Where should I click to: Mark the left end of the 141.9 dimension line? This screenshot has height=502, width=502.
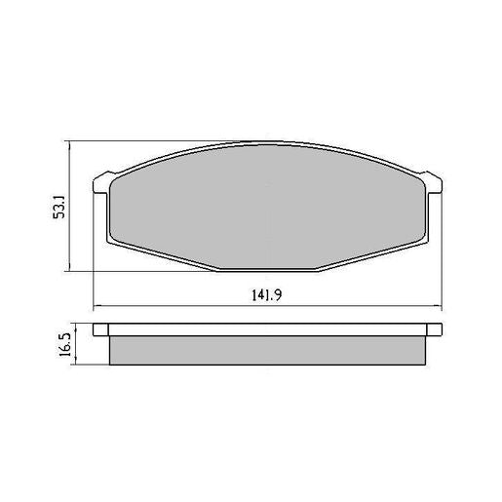tap(94, 307)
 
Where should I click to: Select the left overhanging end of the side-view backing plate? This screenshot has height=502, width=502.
tap(101, 330)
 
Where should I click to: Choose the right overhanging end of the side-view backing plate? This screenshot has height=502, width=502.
tap(436, 330)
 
